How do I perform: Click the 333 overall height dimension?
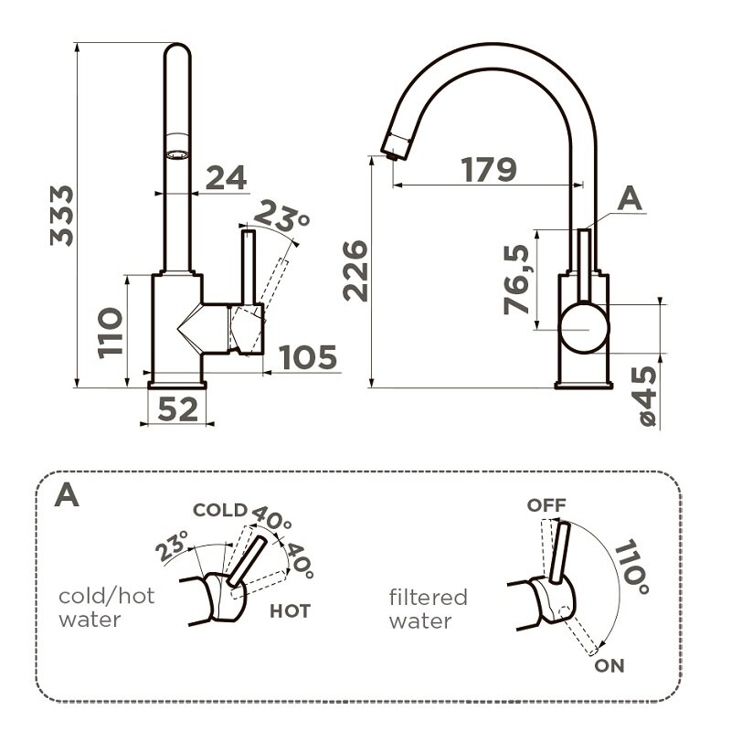click(x=61, y=216)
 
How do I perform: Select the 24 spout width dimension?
click(x=226, y=177)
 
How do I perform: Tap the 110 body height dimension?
click(x=110, y=333)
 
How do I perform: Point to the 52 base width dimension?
click(x=177, y=409)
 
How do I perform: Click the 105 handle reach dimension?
click(x=308, y=357)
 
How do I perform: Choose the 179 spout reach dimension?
click(x=489, y=170)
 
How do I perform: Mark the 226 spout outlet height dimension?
click(x=355, y=270)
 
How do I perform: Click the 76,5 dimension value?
click(x=516, y=280)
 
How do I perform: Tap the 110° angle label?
click(x=631, y=567)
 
